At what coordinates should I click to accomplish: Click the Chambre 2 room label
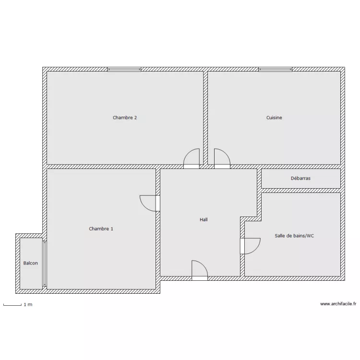pyautogui.click(x=125, y=118)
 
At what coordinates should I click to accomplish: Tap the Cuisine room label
pyautogui.click(x=274, y=118)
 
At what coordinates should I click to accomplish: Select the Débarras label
pyautogui.click(x=300, y=178)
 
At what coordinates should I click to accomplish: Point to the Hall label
pyautogui.click(x=204, y=220)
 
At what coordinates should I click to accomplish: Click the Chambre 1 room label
pyautogui.click(x=101, y=229)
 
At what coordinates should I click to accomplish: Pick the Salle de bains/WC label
pyautogui.click(x=294, y=236)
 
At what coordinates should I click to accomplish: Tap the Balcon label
pyautogui.click(x=31, y=263)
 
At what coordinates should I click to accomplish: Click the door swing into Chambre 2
pyautogui.click(x=193, y=158)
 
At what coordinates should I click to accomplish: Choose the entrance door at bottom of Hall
pyautogui.click(x=199, y=270)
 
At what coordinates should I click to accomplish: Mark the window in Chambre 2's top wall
pyautogui.click(x=124, y=70)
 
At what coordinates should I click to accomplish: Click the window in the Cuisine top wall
pyautogui.click(x=275, y=70)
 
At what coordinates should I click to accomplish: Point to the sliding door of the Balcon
pyautogui.click(x=45, y=264)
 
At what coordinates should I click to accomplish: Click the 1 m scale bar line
pyautogui.click(x=12, y=305)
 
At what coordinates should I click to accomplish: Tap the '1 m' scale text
pyautogui.click(x=28, y=305)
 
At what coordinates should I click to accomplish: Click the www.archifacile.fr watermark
pyautogui.click(x=338, y=304)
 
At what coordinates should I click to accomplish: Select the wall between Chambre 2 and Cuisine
pyautogui.click(x=205, y=115)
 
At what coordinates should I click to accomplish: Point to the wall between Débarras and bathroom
pyautogui.click(x=300, y=191)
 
